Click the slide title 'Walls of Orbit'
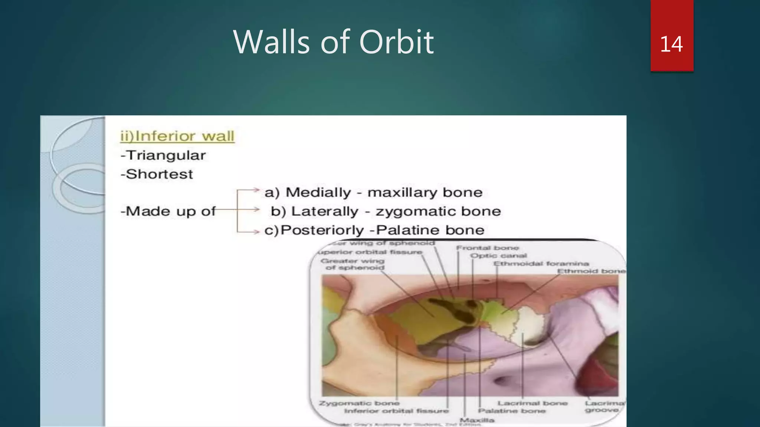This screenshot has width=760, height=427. tap(333, 42)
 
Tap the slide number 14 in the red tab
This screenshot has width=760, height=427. tap(671, 44)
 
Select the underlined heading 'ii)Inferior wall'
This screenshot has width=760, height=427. tap(177, 136)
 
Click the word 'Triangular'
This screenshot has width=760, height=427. tap(166, 155)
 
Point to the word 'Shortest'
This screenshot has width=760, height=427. tap(159, 174)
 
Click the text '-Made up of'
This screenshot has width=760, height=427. tap(168, 211)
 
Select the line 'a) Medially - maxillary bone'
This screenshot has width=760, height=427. tap(373, 192)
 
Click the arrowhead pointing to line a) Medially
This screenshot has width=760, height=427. tap(256, 190)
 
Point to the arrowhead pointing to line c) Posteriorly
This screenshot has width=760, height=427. tap(256, 232)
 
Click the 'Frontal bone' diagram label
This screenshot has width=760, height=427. tap(487, 248)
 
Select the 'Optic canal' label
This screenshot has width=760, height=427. tap(498, 255)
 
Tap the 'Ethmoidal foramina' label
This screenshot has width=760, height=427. tap(541, 264)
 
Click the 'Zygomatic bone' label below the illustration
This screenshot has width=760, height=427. tap(359, 403)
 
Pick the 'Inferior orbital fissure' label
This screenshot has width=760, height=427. tap(396, 411)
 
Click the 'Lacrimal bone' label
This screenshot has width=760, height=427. tap(532, 403)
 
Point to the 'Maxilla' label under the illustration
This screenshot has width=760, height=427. tap(476, 420)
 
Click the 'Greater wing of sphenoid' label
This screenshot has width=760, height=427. tap(353, 264)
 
